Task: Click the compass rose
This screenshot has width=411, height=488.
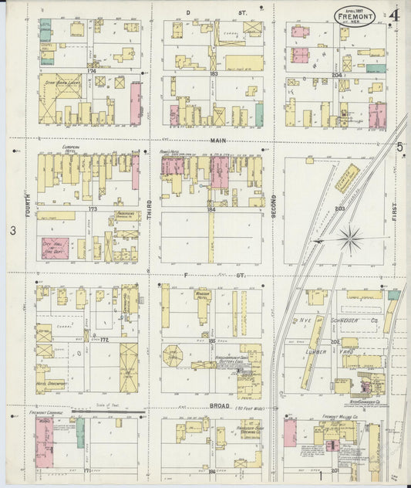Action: click(x=351, y=239)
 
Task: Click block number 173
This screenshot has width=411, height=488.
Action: click(x=93, y=208)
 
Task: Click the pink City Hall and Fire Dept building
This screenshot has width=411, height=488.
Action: click(x=55, y=248)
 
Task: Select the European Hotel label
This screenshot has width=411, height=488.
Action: click(x=61, y=146)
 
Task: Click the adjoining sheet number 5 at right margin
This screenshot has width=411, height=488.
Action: click(x=399, y=147)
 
